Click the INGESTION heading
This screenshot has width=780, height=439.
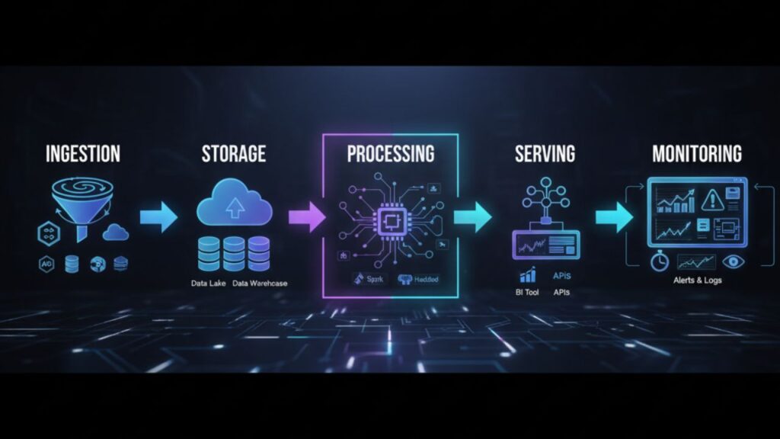tap(83, 153)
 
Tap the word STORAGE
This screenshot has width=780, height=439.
tap(233, 153)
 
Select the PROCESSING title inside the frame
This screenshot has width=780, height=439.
tap(390, 153)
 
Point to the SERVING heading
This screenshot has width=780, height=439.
tap(544, 153)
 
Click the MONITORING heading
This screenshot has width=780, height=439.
tap(696, 153)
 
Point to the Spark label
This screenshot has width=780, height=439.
tap(367, 279)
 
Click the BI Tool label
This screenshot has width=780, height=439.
tap(526, 292)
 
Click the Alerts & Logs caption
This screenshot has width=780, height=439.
tap(698, 280)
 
